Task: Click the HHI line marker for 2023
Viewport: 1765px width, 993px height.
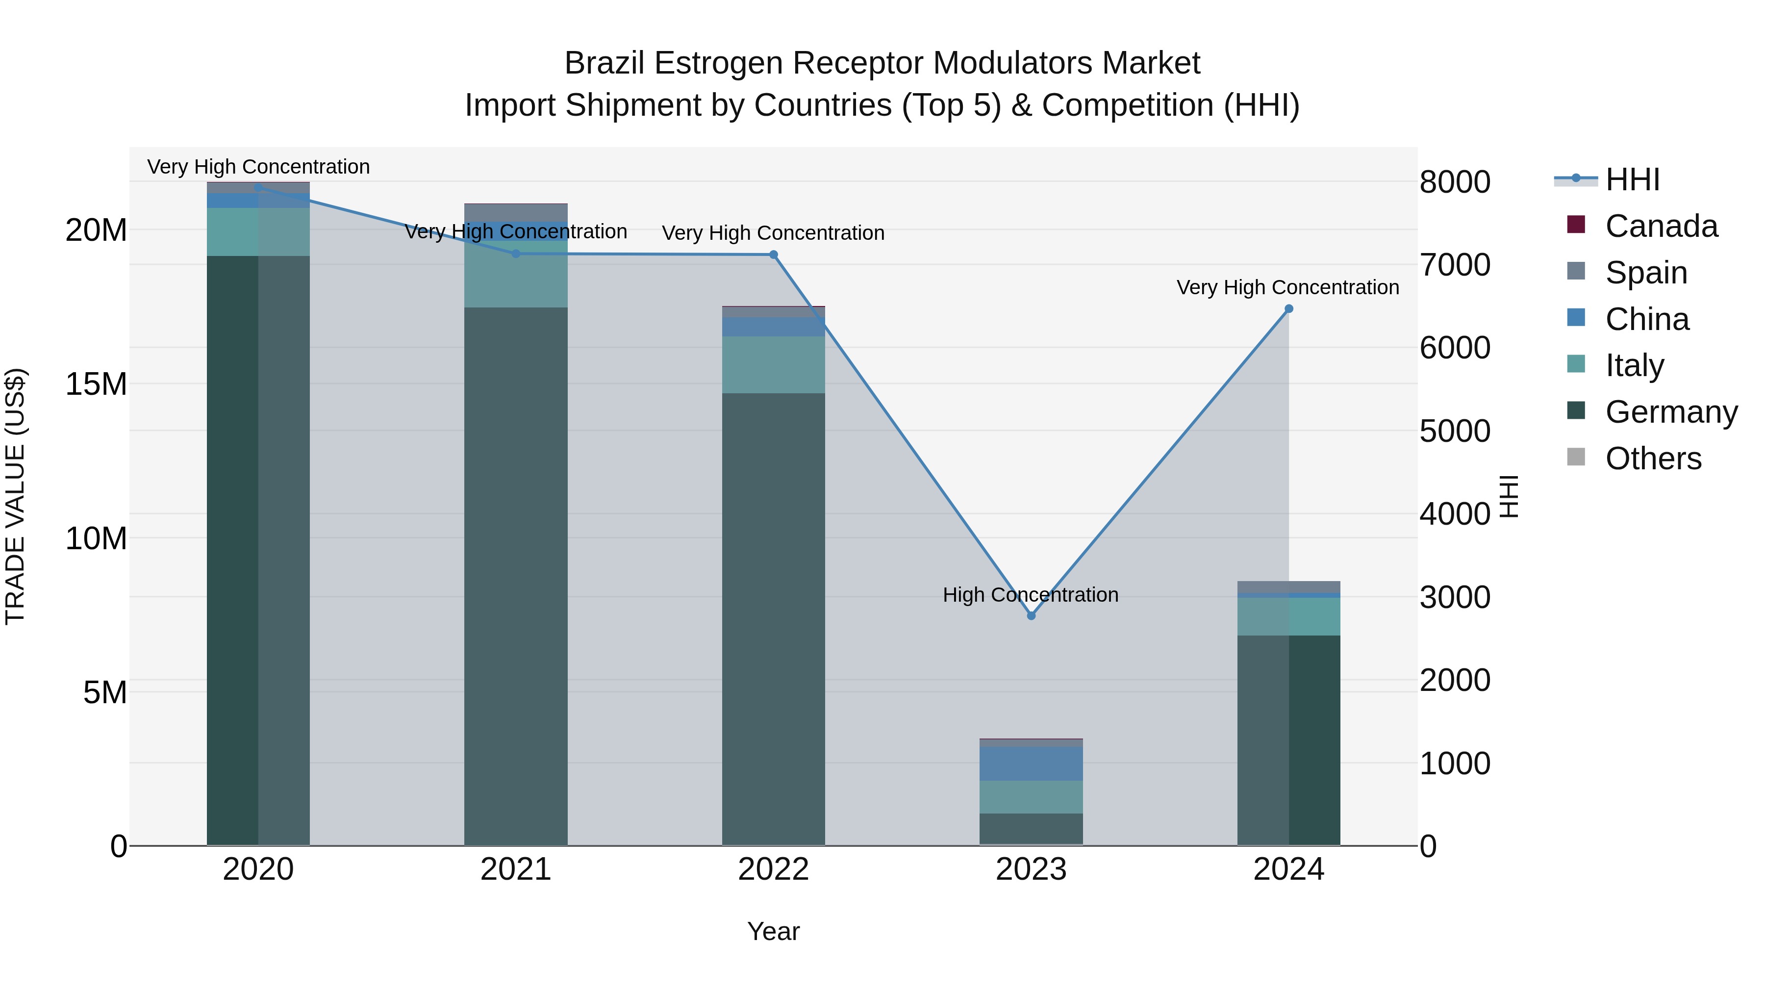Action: click(x=1031, y=615)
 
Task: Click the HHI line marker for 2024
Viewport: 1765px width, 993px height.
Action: click(x=1289, y=309)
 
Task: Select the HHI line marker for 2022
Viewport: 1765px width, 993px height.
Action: click(x=774, y=255)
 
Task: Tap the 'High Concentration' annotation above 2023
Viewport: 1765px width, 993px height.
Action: click(x=1031, y=595)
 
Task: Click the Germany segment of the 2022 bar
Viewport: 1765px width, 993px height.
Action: click(x=774, y=617)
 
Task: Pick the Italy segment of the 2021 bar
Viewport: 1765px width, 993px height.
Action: click(x=516, y=274)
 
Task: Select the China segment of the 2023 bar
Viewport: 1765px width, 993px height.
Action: click(x=1031, y=764)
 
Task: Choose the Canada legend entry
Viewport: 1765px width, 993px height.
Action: click(x=1661, y=226)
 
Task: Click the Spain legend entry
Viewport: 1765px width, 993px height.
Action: click(x=1646, y=273)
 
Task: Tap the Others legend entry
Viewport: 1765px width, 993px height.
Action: click(x=1653, y=458)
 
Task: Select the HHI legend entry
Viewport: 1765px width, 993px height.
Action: click(x=1632, y=179)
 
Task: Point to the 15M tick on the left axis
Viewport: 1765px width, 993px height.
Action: click(x=96, y=384)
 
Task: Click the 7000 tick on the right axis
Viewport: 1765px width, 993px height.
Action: click(x=1455, y=265)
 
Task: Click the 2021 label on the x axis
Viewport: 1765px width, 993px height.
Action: click(x=516, y=869)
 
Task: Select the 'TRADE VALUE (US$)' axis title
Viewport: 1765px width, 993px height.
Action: click(x=16, y=496)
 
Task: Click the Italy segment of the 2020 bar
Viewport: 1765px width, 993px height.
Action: click(x=258, y=231)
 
